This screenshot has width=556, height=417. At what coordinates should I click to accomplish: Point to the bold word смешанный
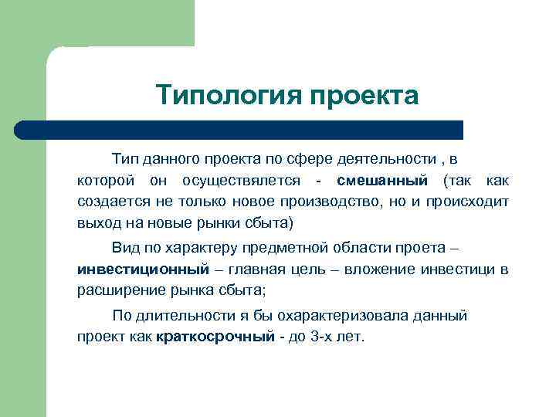tap(382, 181)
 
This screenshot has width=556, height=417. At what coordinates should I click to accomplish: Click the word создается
tap(107, 202)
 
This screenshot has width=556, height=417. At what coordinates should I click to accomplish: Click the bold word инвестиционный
tap(143, 270)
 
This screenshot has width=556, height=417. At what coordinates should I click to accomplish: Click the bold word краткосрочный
tap(215, 337)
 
